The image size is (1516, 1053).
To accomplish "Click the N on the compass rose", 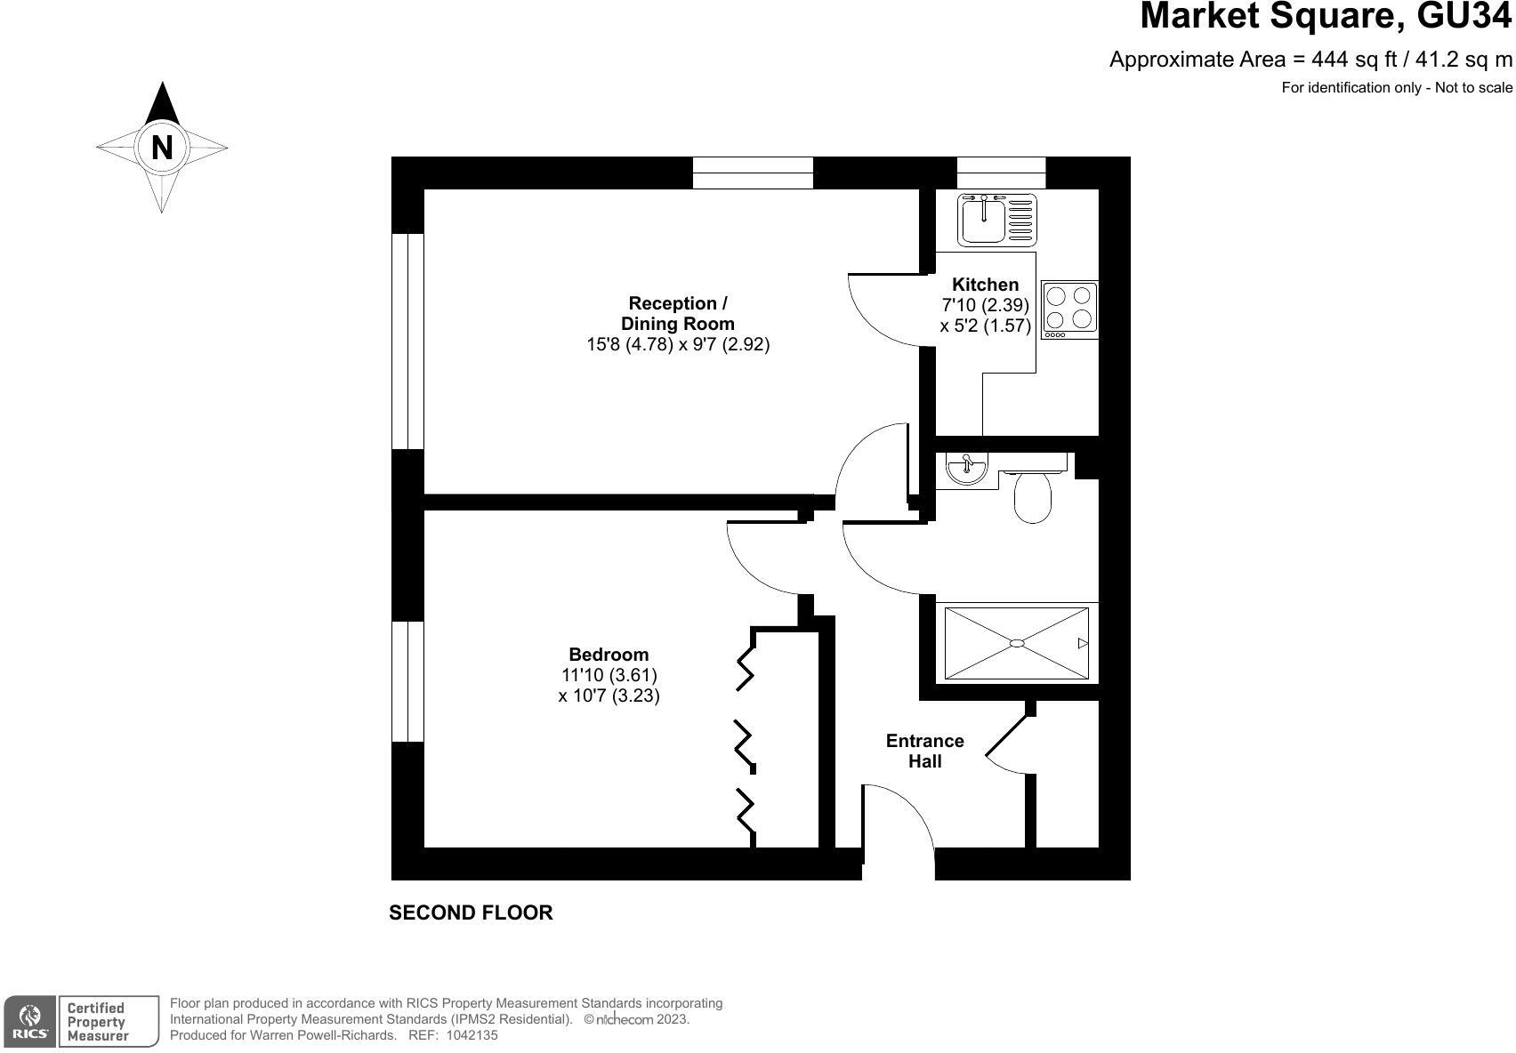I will point(162,147).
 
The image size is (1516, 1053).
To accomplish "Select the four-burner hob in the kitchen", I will point(1069,309).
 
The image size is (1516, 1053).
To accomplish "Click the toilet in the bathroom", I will point(1033,498).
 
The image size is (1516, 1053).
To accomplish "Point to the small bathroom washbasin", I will point(966,468).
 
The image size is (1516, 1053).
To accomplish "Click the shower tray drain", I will point(1017,643).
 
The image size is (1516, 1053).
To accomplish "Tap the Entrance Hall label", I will point(924,751).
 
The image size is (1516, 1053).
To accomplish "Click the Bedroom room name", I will point(609,655).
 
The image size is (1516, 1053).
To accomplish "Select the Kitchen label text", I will point(985,285).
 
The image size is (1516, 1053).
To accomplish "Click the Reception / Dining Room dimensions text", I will point(677,344).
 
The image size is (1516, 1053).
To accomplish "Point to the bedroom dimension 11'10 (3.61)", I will point(609,675).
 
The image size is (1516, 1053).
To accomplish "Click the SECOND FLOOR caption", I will point(471,912).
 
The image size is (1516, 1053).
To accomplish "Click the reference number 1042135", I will point(472,1035).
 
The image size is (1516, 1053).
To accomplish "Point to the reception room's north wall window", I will point(753,173).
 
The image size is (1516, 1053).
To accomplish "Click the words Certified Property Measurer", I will point(97,1021).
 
